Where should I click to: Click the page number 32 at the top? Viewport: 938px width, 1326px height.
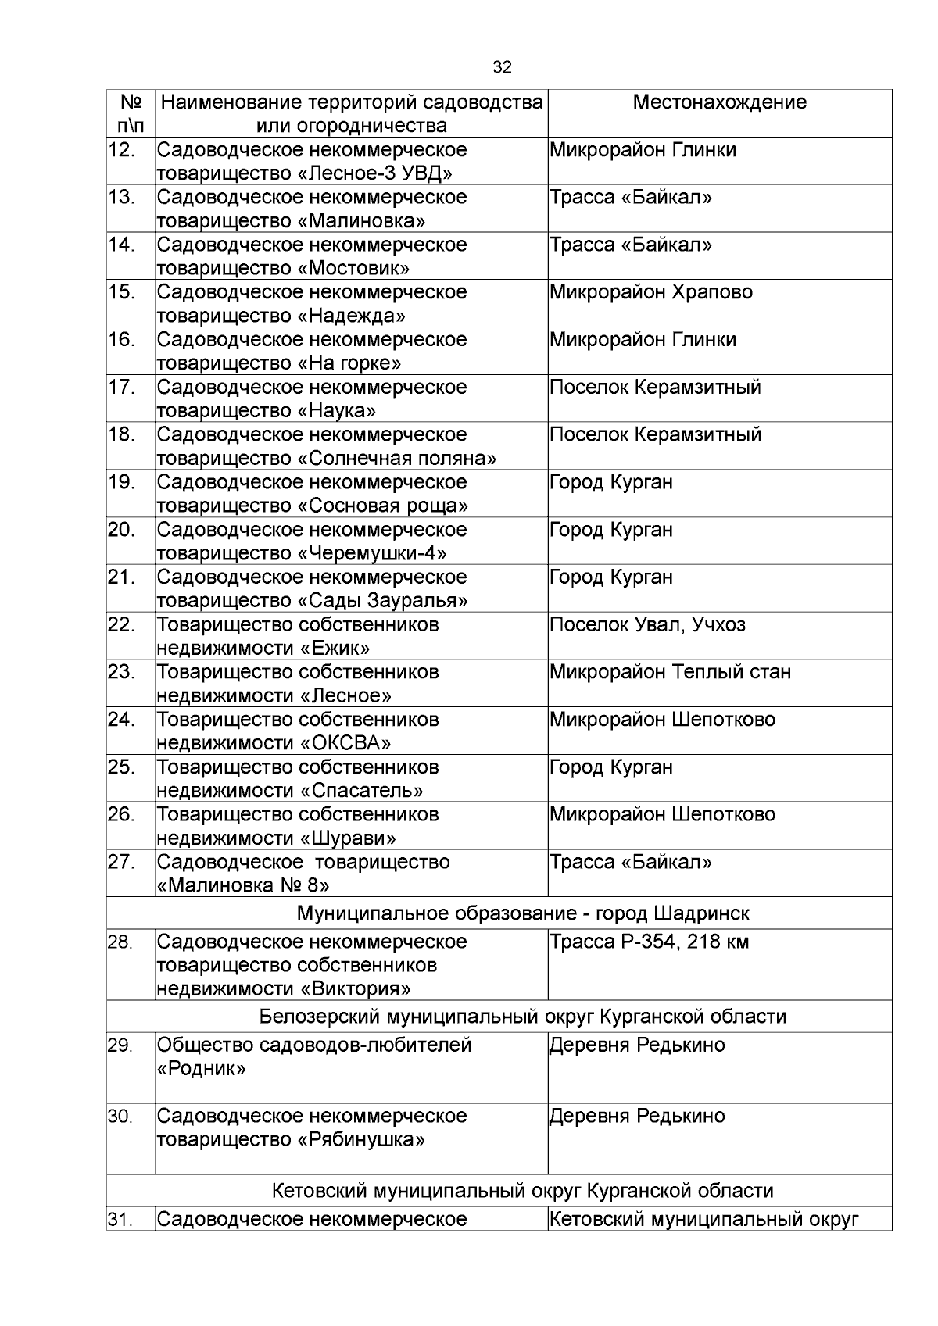click(x=503, y=68)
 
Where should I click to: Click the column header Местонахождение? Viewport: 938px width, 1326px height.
click(x=719, y=102)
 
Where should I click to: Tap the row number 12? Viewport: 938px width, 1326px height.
click(x=122, y=150)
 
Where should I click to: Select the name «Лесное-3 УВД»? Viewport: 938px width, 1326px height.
click(x=375, y=173)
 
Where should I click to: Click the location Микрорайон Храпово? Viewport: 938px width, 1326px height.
click(x=651, y=292)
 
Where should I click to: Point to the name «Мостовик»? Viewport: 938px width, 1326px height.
click(x=353, y=269)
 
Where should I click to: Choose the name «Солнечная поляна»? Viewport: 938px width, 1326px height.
click(x=397, y=459)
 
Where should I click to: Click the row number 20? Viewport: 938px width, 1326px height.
click(x=122, y=530)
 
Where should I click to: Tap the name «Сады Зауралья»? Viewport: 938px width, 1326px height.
click(x=383, y=601)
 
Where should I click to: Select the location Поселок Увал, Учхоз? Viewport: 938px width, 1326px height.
click(x=647, y=625)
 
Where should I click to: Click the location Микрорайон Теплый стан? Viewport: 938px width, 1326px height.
click(x=670, y=672)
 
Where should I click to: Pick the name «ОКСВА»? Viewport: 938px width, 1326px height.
click(x=345, y=743)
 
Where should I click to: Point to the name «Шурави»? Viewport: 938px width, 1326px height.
click(x=348, y=838)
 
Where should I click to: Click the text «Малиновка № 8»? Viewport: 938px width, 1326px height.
click(x=243, y=885)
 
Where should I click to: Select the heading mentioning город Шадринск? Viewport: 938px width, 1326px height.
click(x=523, y=913)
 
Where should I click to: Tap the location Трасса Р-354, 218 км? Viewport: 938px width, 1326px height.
click(x=649, y=942)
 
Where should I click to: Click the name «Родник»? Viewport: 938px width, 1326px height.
click(x=202, y=1069)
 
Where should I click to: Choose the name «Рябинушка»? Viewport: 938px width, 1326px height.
click(x=361, y=1140)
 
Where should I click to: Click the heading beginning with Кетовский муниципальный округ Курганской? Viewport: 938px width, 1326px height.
click(x=522, y=1191)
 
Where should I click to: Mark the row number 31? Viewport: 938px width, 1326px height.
click(x=120, y=1220)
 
